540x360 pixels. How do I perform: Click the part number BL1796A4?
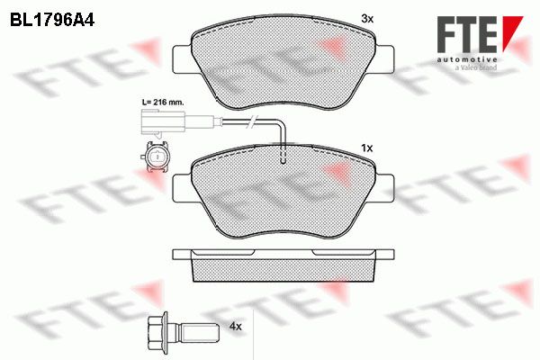(x=52, y=21)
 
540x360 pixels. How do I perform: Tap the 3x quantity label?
(x=367, y=19)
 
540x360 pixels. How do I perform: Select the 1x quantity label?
(x=367, y=148)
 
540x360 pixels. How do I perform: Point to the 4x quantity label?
(x=235, y=326)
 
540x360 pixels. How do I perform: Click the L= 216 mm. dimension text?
(x=163, y=103)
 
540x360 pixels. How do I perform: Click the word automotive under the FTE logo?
(x=467, y=59)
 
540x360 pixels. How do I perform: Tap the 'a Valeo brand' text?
(x=476, y=67)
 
